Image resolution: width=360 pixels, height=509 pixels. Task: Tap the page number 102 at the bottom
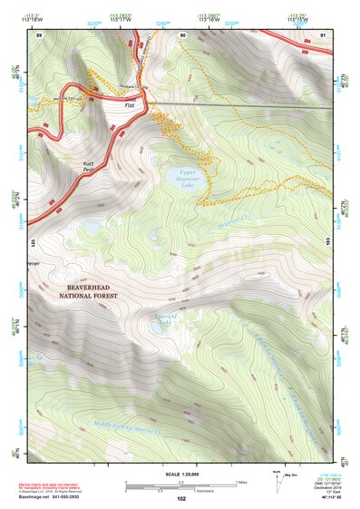click(181, 499)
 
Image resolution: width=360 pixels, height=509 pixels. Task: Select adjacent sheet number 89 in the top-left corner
click(39, 34)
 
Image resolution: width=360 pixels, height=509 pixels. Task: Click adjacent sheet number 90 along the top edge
click(182, 34)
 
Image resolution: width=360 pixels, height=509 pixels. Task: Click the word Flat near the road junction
click(131, 106)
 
